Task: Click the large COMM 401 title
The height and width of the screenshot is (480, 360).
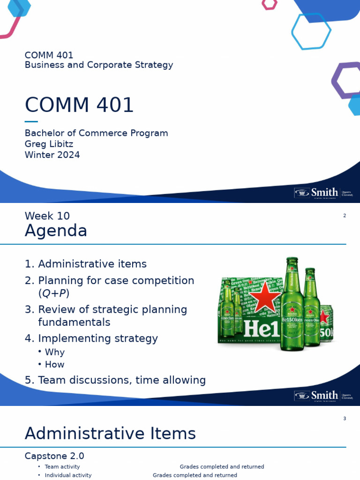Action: pyautogui.click(x=79, y=105)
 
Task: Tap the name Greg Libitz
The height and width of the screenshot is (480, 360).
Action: pyautogui.click(x=49, y=144)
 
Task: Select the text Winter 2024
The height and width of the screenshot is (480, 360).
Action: pyautogui.click(x=52, y=155)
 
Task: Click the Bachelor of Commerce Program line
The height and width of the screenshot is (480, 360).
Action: pyautogui.click(x=96, y=133)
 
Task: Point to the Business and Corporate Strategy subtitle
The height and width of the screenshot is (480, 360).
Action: pyautogui.click(x=98, y=65)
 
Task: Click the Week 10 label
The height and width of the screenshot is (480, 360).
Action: pyautogui.click(x=47, y=216)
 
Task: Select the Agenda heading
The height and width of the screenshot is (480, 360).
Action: pyautogui.click(x=56, y=231)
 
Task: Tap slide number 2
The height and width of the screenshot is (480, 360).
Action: pyautogui.click(x=345, y=216)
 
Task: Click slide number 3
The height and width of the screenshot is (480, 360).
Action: pyautogui.click(x=345, y=419)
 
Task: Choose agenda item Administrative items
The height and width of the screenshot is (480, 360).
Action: pyautogui.click(x=92, y=264)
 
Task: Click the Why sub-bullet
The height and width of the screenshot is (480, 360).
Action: pyautogui.click(x=54, y=352)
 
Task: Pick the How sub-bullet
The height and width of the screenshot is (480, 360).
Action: pyautogui.click(x=54, y=364)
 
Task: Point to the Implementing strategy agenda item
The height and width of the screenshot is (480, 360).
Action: pyautogui.click(x=97, y=338)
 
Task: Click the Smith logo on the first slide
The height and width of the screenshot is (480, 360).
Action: pyautogui.click(x=323, y=193)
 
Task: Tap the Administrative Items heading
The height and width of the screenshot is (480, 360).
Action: pyautogui.click(x=110, y=434)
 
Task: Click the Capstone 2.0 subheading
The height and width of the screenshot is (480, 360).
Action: pyautogui.click(x=54, y=456)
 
